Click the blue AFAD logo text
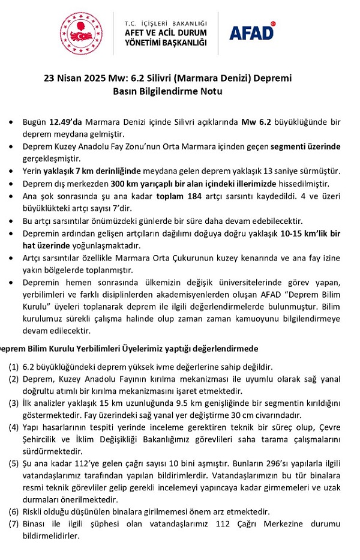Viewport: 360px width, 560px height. [x=251, y=32]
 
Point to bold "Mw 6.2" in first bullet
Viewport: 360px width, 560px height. [x=258, y=121]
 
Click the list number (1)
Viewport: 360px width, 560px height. [x=14, y=366]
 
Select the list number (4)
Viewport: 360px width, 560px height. [x=14, y=428]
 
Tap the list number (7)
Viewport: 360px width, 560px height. [x=14, y=524]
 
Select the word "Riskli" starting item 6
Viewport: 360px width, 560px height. [x=34, y=512]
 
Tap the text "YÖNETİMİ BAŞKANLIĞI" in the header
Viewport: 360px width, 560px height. [x=165, y=43]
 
